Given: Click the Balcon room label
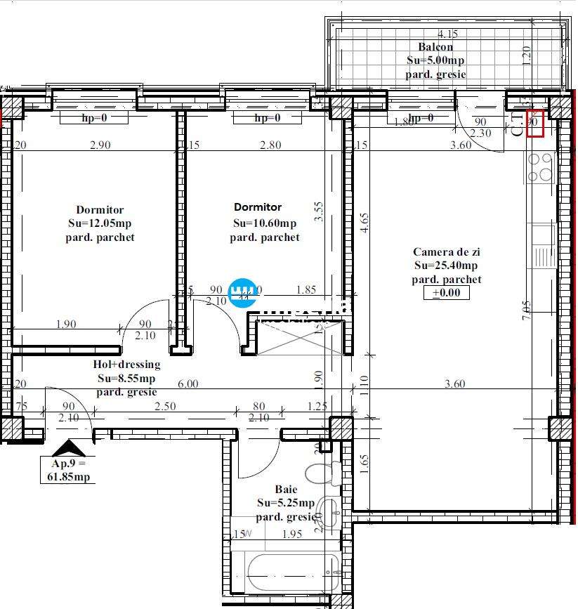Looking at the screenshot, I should pyautogui.click(x=435, y=47).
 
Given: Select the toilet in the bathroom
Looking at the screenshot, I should pyautogui.click(x=322, y=473).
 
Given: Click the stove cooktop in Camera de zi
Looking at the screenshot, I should pyautogui.click(x=541, y=167).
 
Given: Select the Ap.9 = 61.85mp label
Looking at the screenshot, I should pyautogui.click(x=68, y=471).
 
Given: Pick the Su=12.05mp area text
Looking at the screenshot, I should pyautogui.click(x=100, y=223).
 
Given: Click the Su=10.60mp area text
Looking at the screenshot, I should pyautogui.click(x=265, y=223).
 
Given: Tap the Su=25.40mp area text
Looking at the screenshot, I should pyautogui.click(x=446, y=266).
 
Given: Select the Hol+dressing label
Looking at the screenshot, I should pyautogui.click(x=126, y=365).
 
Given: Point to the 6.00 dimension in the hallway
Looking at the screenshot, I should pyautogui.click(x=188, y=384).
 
